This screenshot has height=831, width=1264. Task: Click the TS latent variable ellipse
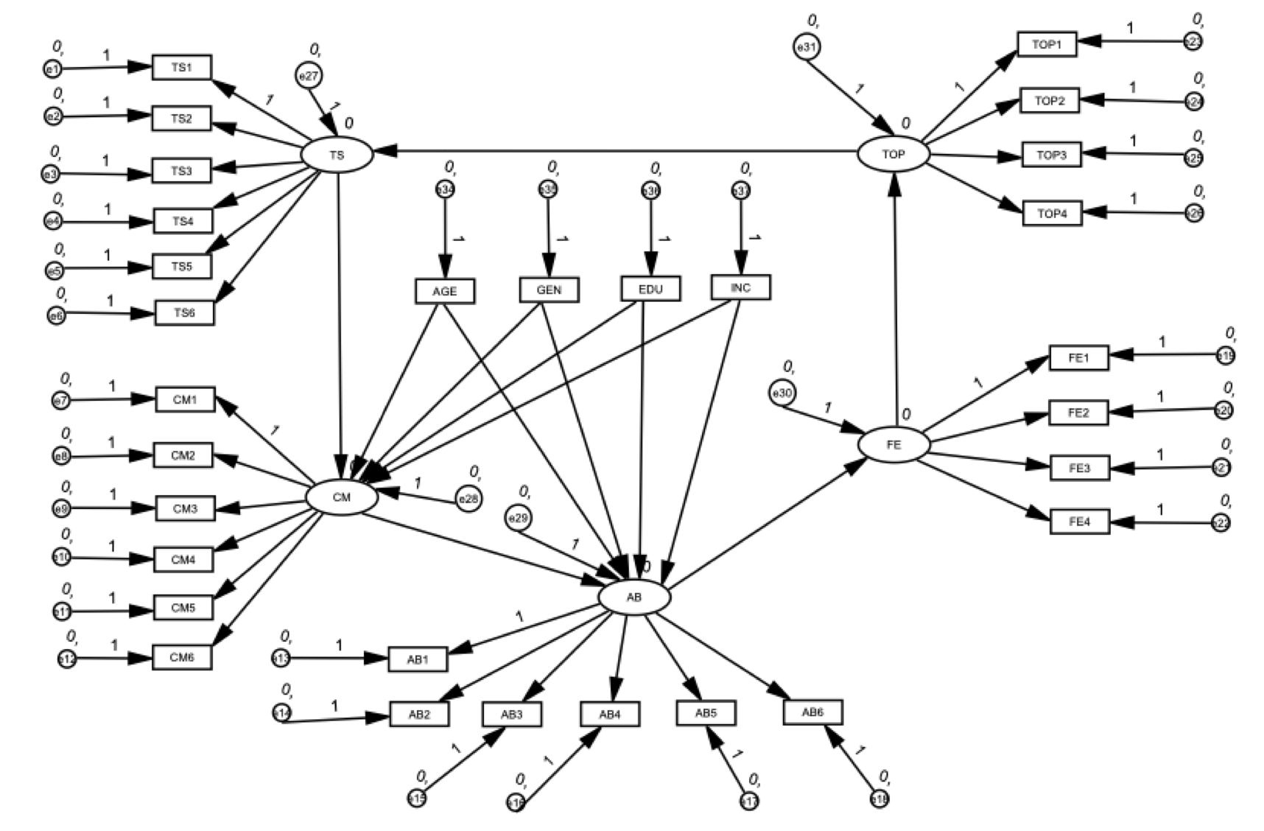(x=337, y=155)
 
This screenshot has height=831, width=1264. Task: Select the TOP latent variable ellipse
(x=893, y=154)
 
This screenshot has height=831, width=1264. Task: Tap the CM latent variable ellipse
(x=342, y=497)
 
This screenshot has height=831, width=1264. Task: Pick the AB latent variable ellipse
(x=634, y=597)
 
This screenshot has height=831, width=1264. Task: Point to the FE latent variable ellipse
(x=894, y=445)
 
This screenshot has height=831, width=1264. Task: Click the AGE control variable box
(x=445, y=291)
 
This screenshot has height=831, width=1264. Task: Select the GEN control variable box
(x=549, y=290)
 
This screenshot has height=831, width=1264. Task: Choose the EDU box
(x=650, y=289)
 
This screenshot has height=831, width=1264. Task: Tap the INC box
(x=740, y=287)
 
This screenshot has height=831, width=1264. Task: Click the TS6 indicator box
(x=184, y=312)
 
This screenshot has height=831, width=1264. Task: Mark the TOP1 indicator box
(x=1047, y=44)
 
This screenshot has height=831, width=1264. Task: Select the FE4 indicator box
(x=1079, y=522)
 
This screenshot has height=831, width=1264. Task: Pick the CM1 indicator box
(x=185, y=399)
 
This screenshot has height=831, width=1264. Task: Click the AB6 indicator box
(x=812, y=712)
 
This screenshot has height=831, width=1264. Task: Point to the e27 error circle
(x=309, y=75)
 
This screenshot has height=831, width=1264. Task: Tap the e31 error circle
(x=807, y=47)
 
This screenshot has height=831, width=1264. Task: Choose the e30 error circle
(x=782, y=393)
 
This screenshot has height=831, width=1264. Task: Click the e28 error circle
(x=468, y=499)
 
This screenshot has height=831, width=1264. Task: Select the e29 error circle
(x=519, y=518)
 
